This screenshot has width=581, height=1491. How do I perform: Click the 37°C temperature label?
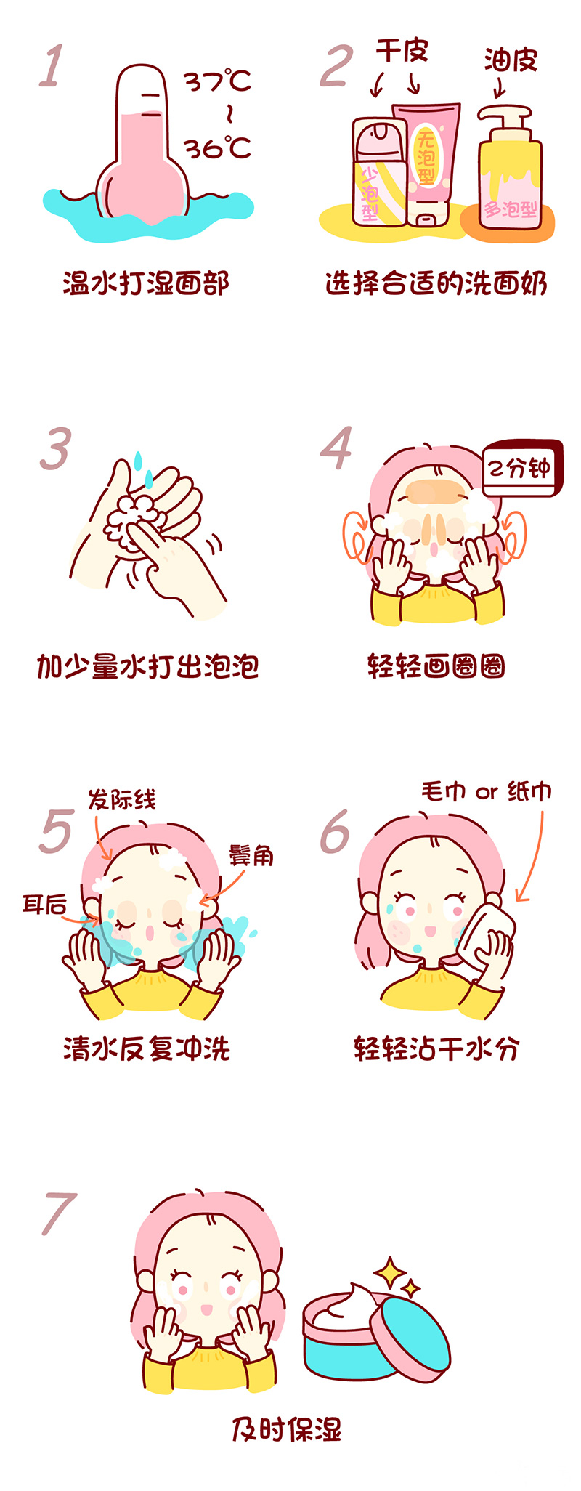(x=217, y=80)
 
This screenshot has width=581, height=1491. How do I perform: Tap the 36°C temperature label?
(x=217, y=148)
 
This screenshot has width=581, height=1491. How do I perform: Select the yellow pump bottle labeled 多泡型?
(x=510, y=174)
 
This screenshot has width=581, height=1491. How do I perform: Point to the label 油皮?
(x=511, y=60)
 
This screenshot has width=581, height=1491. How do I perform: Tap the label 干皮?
(x=402, y=51)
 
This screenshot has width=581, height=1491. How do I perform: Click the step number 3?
(x=56, y=448)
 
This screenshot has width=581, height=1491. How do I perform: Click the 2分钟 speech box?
(x=520, y=469)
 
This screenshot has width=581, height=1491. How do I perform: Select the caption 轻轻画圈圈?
(x=436, y=666)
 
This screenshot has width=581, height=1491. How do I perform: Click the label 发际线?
(x=121, y=800)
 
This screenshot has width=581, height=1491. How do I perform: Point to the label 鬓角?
(x=251, y=855)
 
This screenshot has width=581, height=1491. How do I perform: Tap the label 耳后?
(x=44, y=905)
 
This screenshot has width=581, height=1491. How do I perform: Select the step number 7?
(x=59, y=1213)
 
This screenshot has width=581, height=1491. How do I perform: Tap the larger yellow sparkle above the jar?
(x=389, y=1272)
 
